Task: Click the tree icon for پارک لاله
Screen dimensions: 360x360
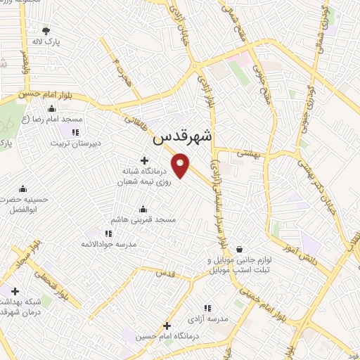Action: (x=46, y=30)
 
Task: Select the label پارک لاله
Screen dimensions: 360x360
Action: (x=46, y=42)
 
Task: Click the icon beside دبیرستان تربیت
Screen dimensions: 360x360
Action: (x=76, y=132)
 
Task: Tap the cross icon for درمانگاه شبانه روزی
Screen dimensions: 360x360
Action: (x=144, y=161)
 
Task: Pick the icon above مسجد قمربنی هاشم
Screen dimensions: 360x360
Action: (x=143, y=209)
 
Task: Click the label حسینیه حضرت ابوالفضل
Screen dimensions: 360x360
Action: (x=24, y=204)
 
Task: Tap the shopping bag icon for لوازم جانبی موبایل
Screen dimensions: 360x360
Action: (x=240, y=249)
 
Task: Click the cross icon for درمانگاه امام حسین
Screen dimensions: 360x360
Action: (x=167, y=326)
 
